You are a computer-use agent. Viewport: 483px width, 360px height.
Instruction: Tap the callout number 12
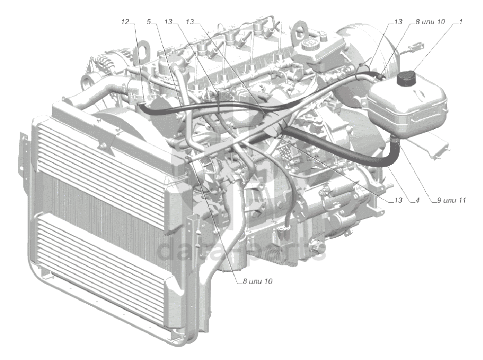pos(126,22)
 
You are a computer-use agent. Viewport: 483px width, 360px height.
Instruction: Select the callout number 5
pos(149,22)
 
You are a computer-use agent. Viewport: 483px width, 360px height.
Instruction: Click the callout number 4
pos(417,200)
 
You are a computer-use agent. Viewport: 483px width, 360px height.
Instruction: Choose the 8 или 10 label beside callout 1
pos(430,22)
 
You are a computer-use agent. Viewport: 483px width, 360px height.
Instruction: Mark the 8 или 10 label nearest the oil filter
pos(258,281)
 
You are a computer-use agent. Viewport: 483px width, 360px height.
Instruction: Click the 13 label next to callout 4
pos(398,200)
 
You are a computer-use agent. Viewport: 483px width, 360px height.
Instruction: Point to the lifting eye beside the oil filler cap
pos(298,31)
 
